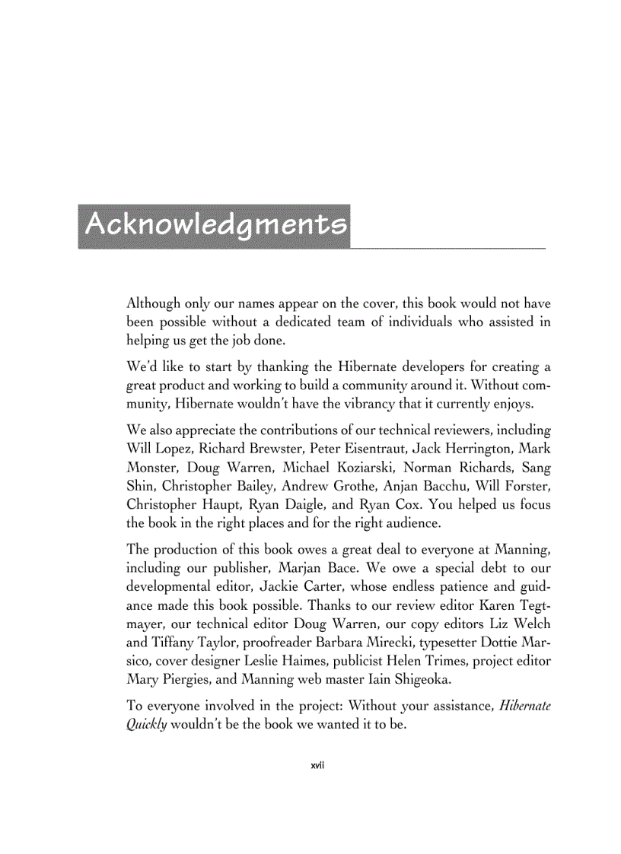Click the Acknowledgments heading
215,225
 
